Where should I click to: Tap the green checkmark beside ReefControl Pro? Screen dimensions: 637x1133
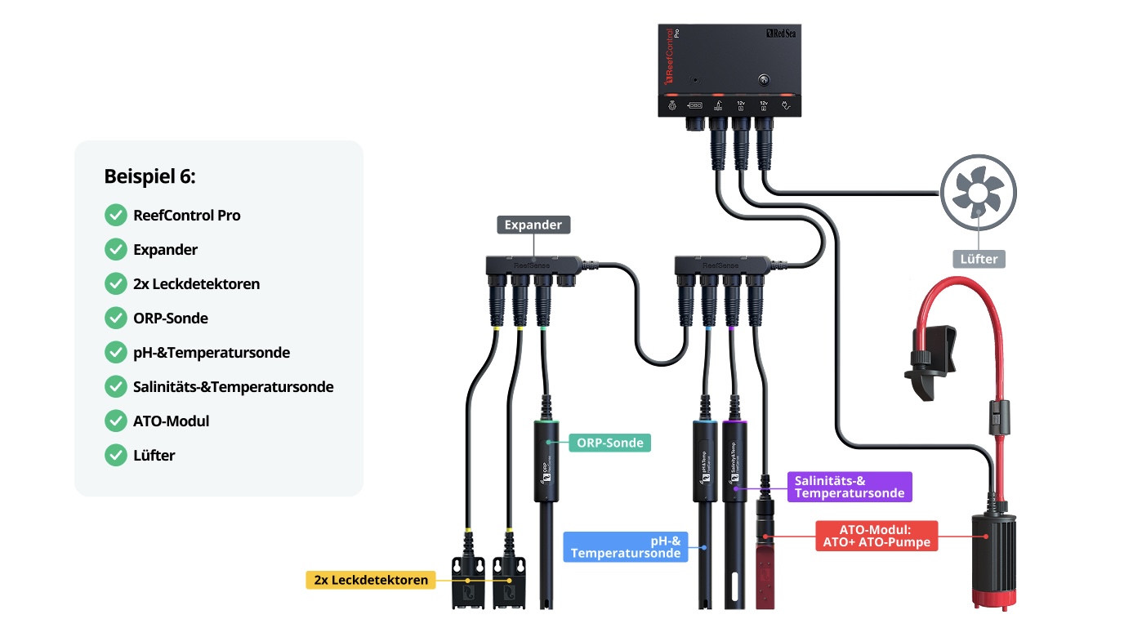coord(116,216)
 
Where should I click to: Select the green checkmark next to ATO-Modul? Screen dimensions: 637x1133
coord(116,421)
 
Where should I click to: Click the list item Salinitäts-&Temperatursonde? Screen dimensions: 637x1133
coord(233,387)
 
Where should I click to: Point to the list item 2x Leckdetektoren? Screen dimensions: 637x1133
coord(196,284)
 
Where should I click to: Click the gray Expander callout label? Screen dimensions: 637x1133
coord(533,225)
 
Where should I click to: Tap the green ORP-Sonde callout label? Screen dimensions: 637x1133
coord(610,443)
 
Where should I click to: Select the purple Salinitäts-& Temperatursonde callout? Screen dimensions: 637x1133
coord(849,487)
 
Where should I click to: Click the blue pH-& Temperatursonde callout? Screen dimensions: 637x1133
coord(626,546)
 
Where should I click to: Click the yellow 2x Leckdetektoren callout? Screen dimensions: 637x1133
coord(371,581)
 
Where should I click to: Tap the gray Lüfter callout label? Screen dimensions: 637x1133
coord(979,259)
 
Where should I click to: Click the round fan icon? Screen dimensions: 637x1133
coord(979,194)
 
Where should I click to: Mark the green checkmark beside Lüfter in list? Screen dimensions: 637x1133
coord(116,456)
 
